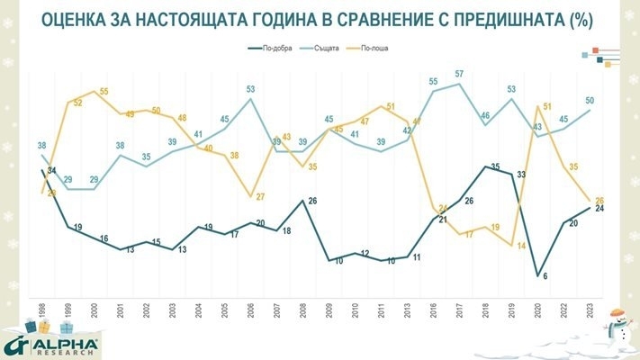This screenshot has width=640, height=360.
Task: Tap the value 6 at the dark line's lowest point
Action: click(x=546, y=275)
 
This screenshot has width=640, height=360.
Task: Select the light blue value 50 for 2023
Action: click(x=590, y=100)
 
